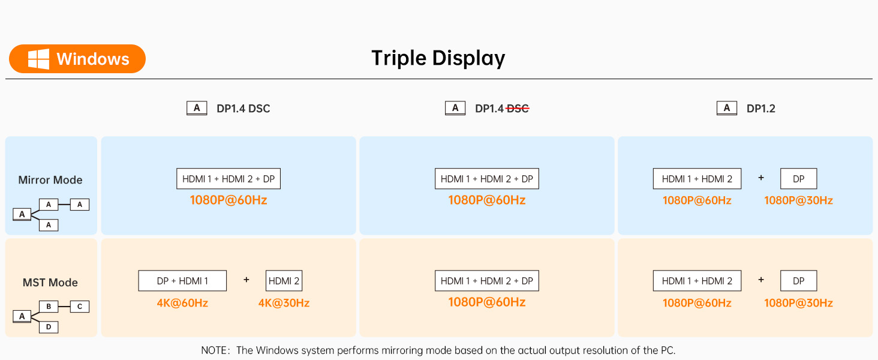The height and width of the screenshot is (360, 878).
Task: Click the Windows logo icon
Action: coord(38,59)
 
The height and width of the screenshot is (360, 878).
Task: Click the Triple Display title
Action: coord(438,58)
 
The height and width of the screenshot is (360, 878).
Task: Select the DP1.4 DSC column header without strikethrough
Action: coord(243,109)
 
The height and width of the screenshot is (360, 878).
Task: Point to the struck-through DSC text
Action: coord(518,109)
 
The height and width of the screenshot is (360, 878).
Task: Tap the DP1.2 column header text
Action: coord(761,109)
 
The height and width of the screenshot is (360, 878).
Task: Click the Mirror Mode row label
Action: coord(50,180)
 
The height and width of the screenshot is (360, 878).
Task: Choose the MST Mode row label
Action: coord(50,283)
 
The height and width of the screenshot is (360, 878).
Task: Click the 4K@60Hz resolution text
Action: coord(182,303)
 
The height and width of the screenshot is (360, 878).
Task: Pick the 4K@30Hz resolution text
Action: coord(284,303)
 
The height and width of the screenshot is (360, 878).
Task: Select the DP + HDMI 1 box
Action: coord(182,281)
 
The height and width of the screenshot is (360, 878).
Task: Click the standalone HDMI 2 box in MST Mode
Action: coord(284,281)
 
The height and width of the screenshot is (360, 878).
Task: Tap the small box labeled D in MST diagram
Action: coord(49,327)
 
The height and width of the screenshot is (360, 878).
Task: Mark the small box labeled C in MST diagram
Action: coord(80,306)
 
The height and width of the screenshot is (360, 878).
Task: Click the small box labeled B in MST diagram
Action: coord(49,306)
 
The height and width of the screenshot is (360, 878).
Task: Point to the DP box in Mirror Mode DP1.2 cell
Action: coord(798,179)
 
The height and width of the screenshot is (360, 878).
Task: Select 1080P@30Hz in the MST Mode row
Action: coord(798,303)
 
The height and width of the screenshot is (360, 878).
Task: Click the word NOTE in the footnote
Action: coord(214,350)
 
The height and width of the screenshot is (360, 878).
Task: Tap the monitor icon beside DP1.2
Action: coord(727,108)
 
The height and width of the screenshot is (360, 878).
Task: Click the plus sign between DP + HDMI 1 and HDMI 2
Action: coord(246,280)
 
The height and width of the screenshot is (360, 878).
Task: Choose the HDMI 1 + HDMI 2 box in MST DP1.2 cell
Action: coord(697,281)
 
